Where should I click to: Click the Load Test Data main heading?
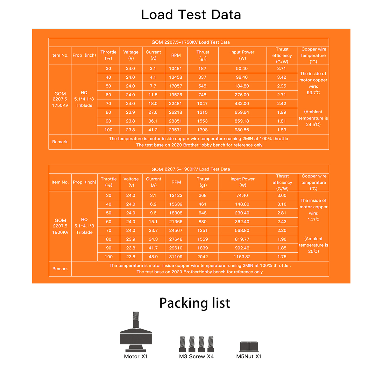[191, 15]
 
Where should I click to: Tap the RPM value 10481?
[175, 69]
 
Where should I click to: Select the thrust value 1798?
[202, 130]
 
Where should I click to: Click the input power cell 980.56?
[242, 130]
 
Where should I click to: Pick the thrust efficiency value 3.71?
[281, 69]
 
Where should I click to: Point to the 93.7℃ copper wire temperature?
[313, 93]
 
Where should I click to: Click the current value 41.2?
[153, 130]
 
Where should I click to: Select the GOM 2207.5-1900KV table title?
[190, 169]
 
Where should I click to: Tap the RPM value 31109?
[176, 257]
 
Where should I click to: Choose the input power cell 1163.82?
[242, 257]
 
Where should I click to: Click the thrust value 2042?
[202, 257]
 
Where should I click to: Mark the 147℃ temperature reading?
[314, 220]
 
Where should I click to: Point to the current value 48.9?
[153, 257]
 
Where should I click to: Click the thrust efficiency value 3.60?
[282, 195]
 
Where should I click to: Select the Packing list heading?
[195, 303]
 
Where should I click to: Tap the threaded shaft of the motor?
[136, 319]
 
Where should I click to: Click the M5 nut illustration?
[249, 346]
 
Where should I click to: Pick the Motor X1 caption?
[136, 357]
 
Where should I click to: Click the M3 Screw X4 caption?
[196, 357]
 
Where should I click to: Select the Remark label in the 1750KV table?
[60, 142]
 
